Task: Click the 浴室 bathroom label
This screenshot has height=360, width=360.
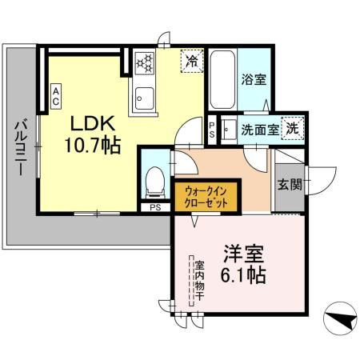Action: point(254,79)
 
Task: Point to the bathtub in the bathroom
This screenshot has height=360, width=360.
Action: point(222,80)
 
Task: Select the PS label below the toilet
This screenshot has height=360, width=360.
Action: point(154,208)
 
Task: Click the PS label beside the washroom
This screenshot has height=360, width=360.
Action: point(212,130)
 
